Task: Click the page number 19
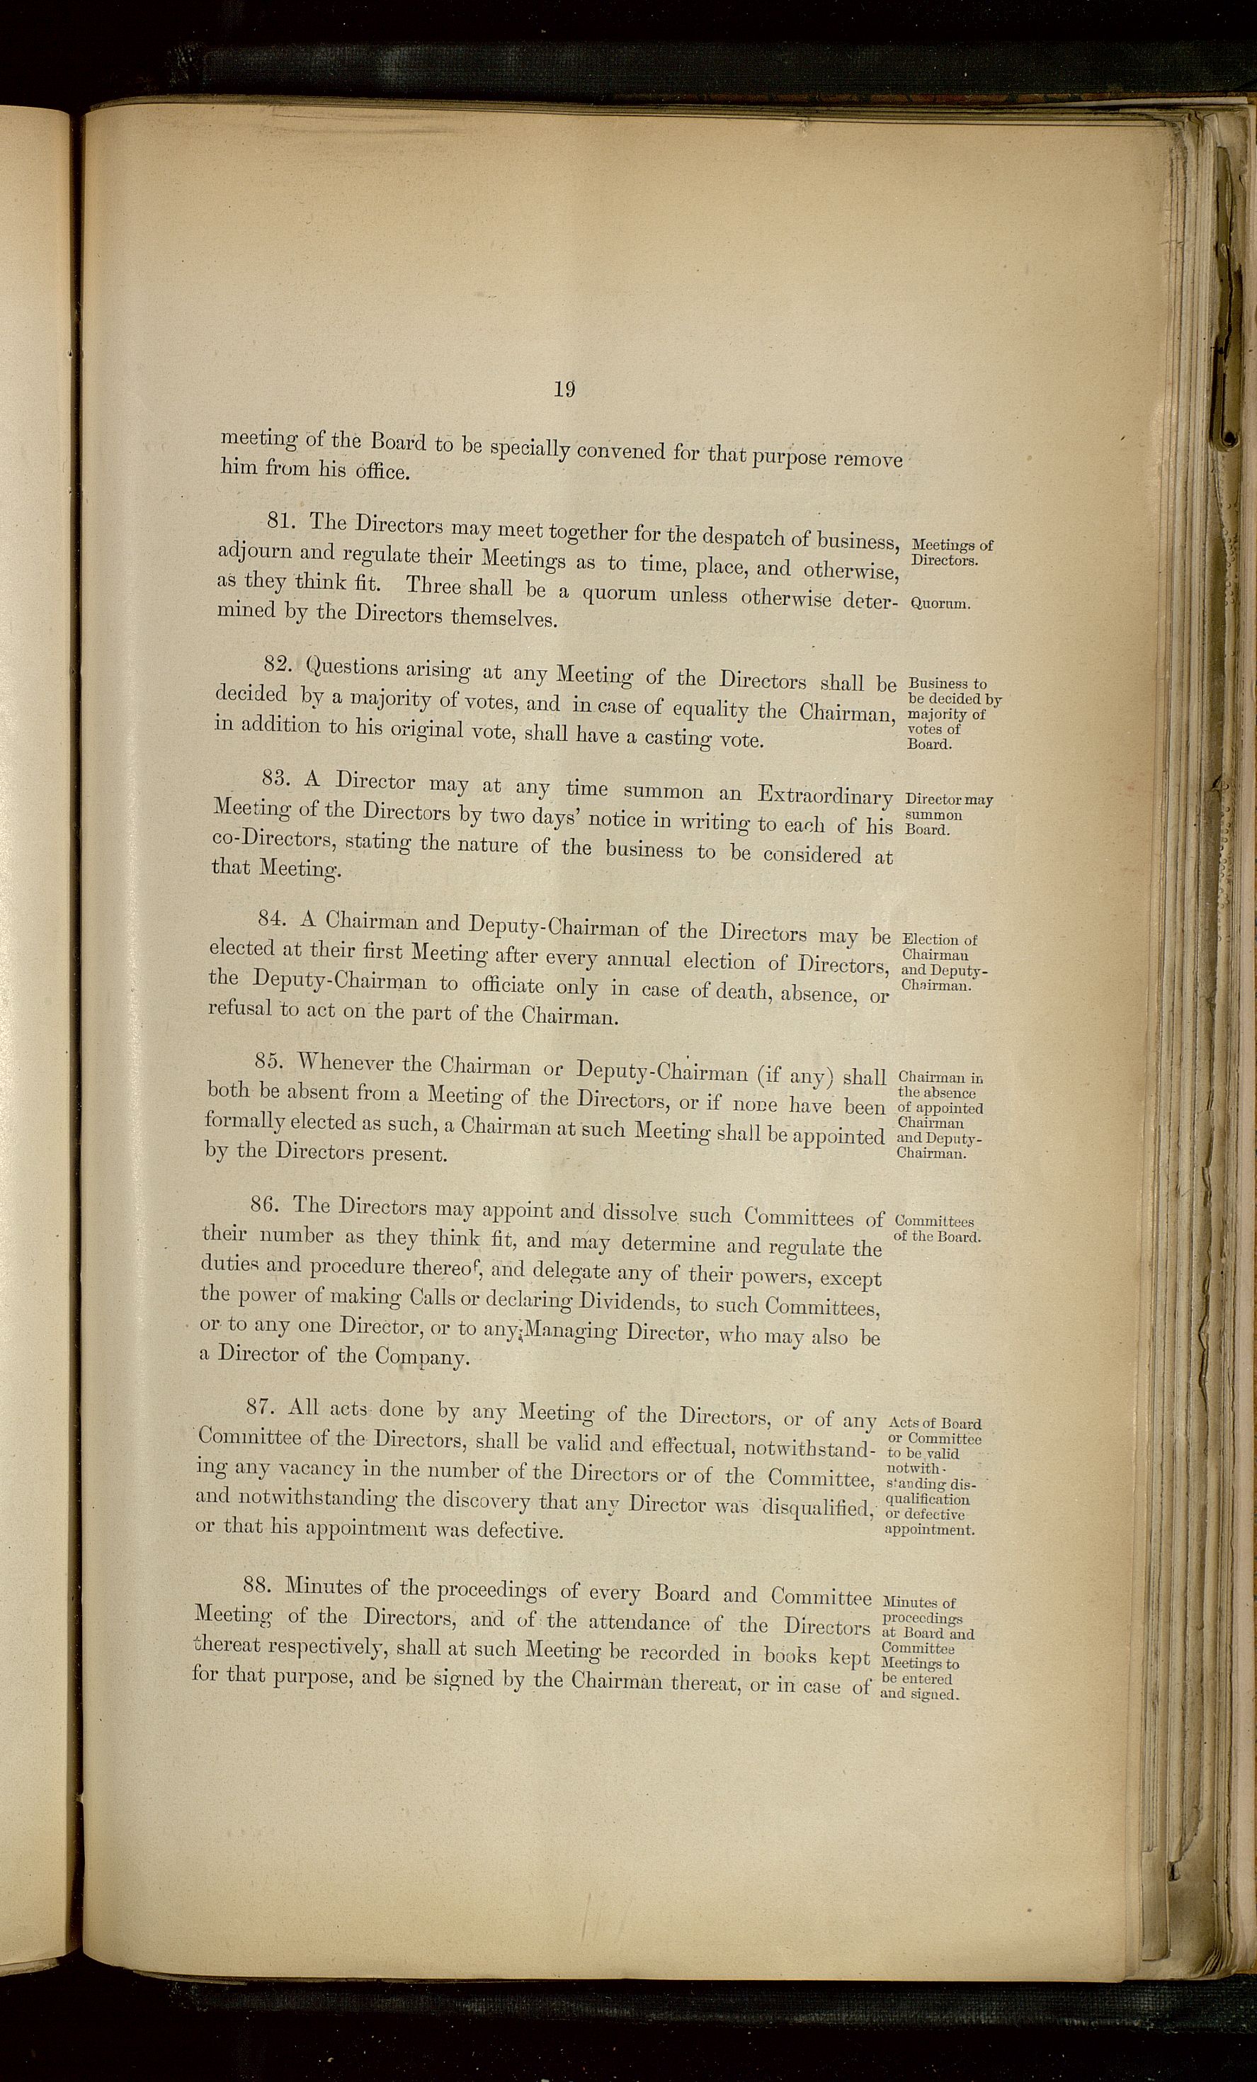click(564, 389)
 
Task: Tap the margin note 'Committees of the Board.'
click(936, 1229)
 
